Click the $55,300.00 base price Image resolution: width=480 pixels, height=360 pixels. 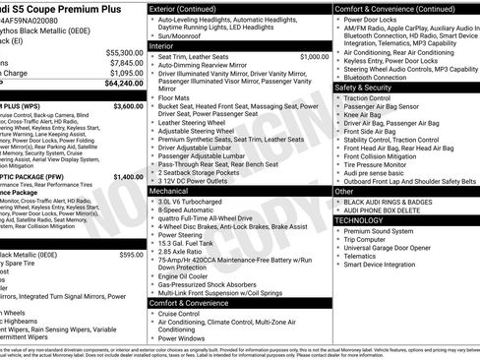124,52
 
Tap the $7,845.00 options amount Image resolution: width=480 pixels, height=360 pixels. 126,62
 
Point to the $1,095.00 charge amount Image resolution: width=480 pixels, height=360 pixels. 126,73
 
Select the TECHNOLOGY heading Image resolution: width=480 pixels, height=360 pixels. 360,220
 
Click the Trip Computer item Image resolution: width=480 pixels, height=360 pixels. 370,240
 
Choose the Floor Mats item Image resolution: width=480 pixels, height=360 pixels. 177,98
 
